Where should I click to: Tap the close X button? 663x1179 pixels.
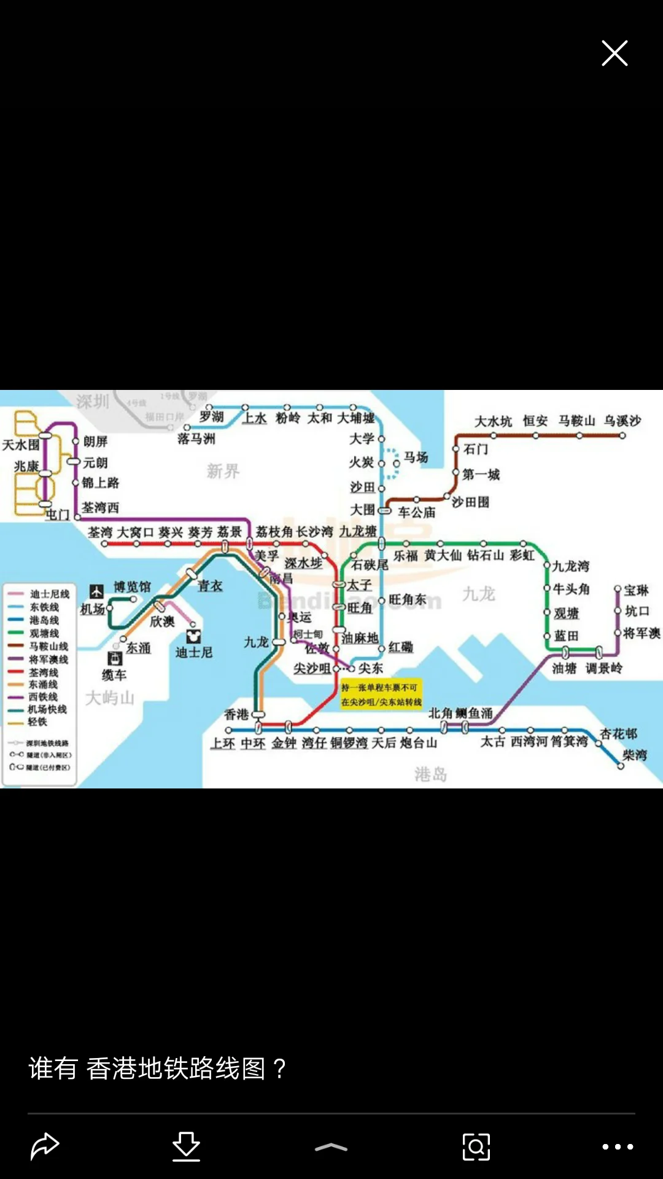615,53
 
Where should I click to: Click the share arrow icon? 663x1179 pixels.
45,1146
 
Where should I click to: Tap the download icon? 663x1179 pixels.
186,1146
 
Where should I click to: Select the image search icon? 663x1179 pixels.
476,1146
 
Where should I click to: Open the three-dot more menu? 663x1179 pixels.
618,1146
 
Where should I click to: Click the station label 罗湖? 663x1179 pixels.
212,417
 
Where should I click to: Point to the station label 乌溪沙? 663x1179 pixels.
622,421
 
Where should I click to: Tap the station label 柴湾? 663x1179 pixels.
635,755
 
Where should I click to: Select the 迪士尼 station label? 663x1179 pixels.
194,652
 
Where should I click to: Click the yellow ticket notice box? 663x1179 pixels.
381,695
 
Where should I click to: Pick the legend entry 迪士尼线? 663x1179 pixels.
49,594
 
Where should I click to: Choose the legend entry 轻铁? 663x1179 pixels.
37,722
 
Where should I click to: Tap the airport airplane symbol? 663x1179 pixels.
96,591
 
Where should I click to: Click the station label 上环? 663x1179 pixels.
223,744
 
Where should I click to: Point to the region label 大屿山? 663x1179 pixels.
109,698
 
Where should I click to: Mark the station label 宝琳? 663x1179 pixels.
637,590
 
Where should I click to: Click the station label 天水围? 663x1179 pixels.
20,445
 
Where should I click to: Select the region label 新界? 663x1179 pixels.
223,471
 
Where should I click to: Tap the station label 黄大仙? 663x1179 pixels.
442,555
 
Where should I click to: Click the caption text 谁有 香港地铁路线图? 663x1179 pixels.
157,1068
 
